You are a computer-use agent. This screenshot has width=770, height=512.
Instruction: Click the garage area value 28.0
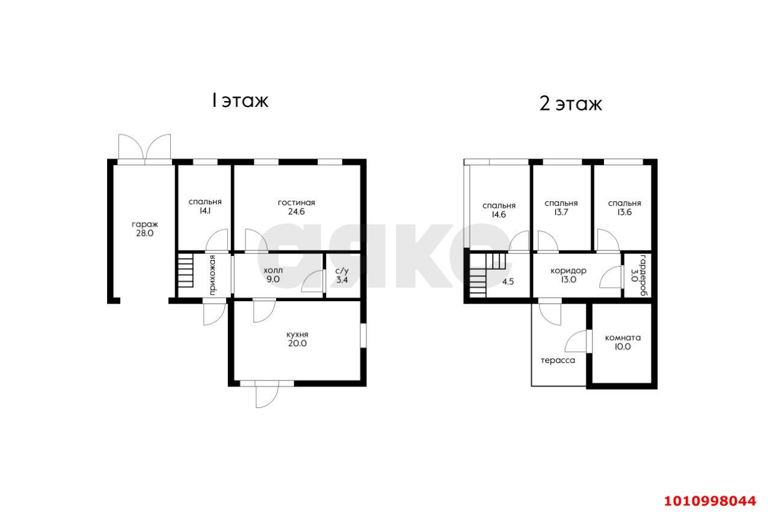[x=145, y=234]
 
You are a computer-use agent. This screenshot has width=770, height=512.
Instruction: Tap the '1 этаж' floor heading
[x=240, y=100]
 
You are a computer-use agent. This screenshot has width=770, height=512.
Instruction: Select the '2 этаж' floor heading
[x=571, y=103]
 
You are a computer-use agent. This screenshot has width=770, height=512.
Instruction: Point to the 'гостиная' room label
[x=297, y=203]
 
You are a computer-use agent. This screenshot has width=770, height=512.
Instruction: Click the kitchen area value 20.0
[x=297, y=343]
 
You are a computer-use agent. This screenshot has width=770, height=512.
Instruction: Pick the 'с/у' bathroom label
[x=342, y=271]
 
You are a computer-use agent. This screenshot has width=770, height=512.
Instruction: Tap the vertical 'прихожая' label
[x=212, y=275]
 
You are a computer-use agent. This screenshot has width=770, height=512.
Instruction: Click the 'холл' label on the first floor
[x=273, y=270]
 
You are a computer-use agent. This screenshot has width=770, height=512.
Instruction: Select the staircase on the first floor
[x=186, y=270]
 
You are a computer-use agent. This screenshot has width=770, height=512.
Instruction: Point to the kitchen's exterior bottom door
[x=266, y=395]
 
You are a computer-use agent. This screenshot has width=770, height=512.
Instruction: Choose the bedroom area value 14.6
[x=499, y=215]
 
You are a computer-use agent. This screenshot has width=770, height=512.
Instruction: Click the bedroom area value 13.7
[x=561, y=212]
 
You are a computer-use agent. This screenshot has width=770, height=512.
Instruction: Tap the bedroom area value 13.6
[x=624, y=212]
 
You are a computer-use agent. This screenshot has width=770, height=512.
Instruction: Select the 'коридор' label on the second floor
[x=568, y=270]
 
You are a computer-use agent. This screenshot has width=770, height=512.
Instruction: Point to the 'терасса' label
[x=558, y=361]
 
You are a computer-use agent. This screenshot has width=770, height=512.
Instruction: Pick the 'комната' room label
[x=623, y=338]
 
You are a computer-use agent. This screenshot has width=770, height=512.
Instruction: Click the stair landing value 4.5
[x=508, y=282]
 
